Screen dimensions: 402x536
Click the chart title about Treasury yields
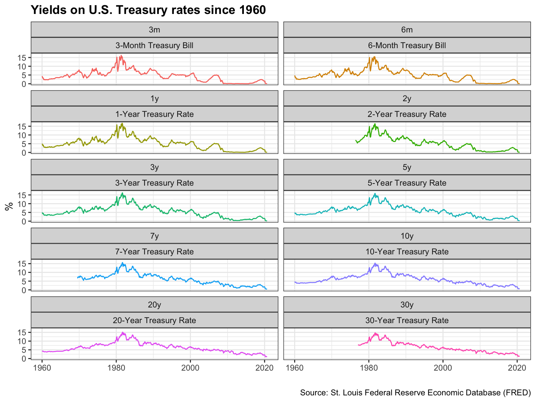pyautogui.click(x=148, y=10)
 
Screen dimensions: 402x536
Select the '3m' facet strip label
pyautogui.click(x=154, y=30)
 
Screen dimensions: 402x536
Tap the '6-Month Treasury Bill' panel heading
pyautogui.click(x=407, y=45)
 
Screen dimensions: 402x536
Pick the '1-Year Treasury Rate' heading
pyautogui.click(x=154, y=114)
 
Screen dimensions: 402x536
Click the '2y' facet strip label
pyautogui.click(x=407, y=98)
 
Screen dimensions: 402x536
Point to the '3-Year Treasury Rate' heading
pyautogui.click(x=154, y=183)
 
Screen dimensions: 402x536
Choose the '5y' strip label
pyautogui.click(x=407, y=167)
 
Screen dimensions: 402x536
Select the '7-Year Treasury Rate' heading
pyautogui.click(x=154, y=252)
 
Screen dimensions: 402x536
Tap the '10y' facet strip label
pyautogui.click(x=407, y=236)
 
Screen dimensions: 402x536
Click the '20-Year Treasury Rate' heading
pyautogui.click(x=154, y=320)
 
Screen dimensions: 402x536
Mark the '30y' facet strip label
pyautogui.click(x=407, y=305)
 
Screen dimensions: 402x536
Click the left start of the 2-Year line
pyautogui.click(x=356, y=141)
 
